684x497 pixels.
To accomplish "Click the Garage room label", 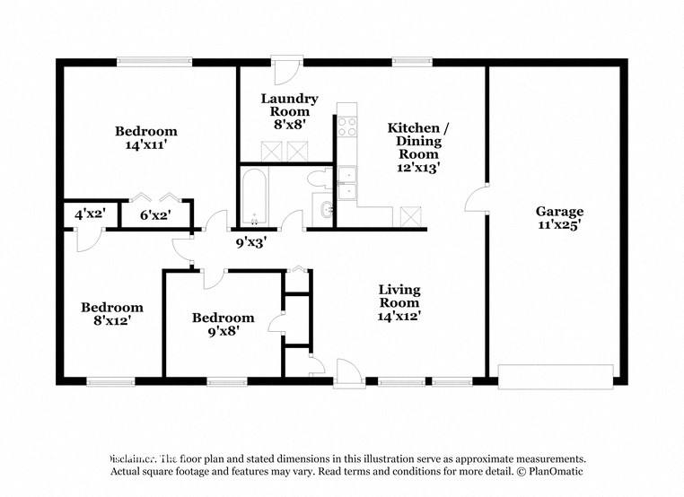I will click(x=559, y=212).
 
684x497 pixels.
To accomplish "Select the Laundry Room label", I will click(x=289, y=105).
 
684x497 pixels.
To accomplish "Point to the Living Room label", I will click(x=399, y=296).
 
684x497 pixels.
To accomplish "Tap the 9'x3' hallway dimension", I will click(x=251, y=240).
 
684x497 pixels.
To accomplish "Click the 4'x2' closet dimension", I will click(x=90, y=215).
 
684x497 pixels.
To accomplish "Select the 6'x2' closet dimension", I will click(x=156, y=215).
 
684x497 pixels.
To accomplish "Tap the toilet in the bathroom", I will click(x=319, y=179).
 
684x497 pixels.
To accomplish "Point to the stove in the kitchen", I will click(x=346, y=126).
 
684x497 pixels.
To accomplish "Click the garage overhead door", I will click(x=556, y=376).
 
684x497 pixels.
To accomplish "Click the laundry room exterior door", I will click(x=288, y=71).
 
